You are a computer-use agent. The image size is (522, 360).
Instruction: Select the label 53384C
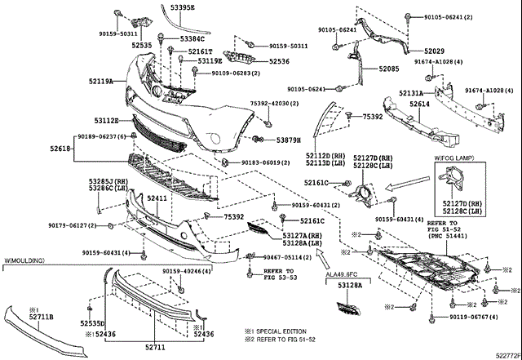click(192, 38)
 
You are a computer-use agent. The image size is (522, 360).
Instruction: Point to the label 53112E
click(106, 121)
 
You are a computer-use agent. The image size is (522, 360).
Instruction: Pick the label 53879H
click(289, 140)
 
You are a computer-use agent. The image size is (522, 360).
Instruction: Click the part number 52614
click(420, 104)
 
